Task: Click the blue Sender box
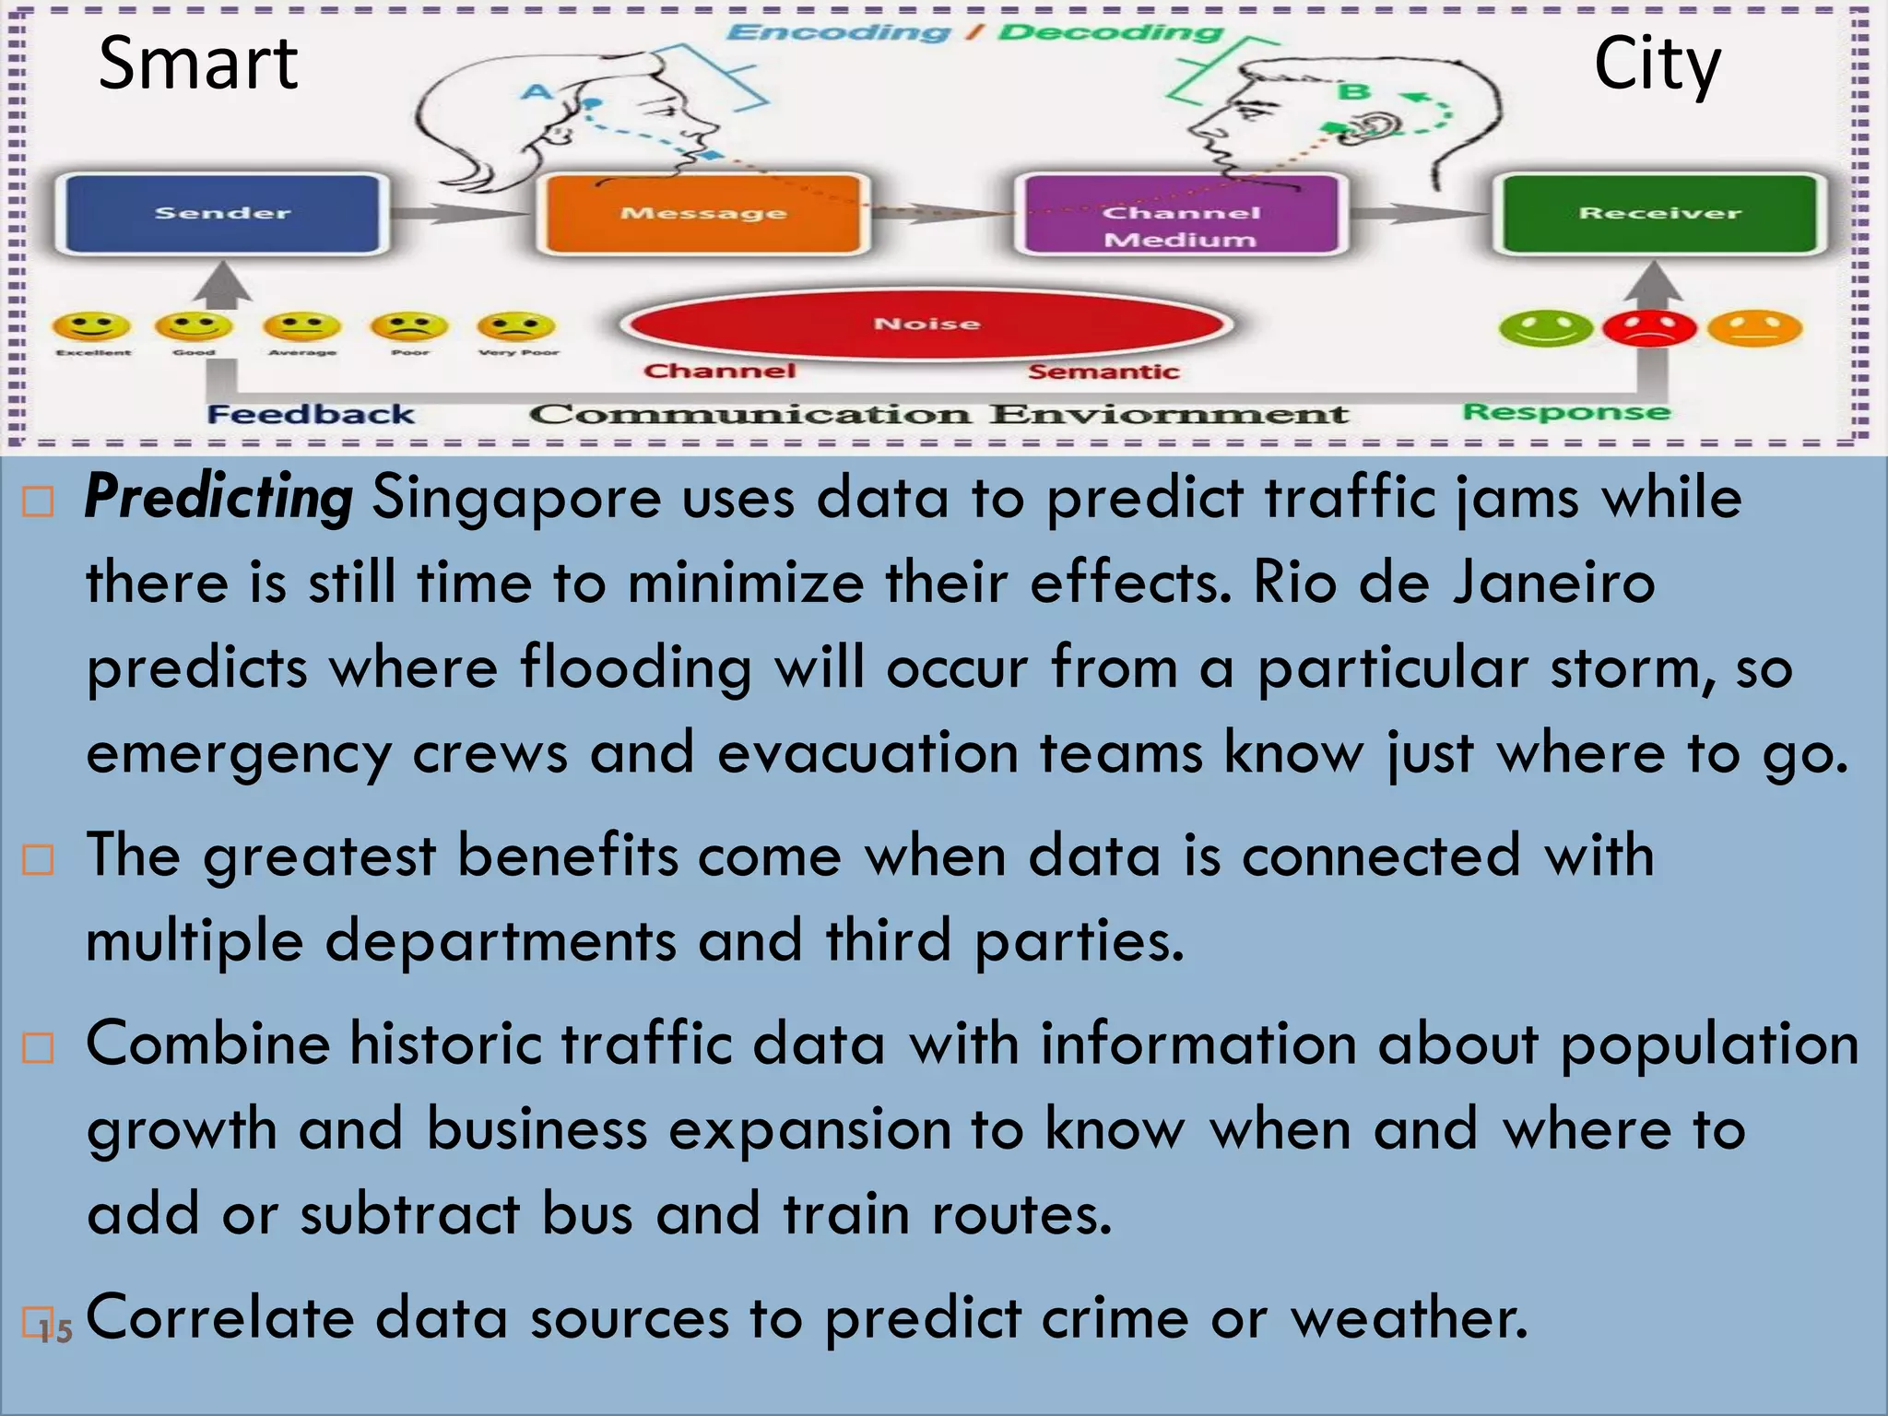click(x=221, y=214)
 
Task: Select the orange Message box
click(x=702, y=214)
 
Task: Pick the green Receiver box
click(x=1658, y=214)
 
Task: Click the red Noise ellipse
click(x=926, y=324)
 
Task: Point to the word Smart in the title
click(x=197, y=65)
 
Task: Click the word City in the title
click(x=1657, y=65)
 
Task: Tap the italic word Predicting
click(x=218, y=499)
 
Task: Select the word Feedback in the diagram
click(x=311, y=414)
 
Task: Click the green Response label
click(x=1566, y=411)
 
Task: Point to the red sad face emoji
click(x=1649, y=328)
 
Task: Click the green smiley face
click(x=1546, y=328)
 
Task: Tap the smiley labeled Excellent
click(x=91, y=326)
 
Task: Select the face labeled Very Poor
click(x=517, y=326)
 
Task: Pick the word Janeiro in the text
click(x=1554, y=584)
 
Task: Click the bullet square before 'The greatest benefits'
click(x=38, y=859)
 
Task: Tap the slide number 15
click(x=55, y=1330)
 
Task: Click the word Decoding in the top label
click(x=1111, y=33)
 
